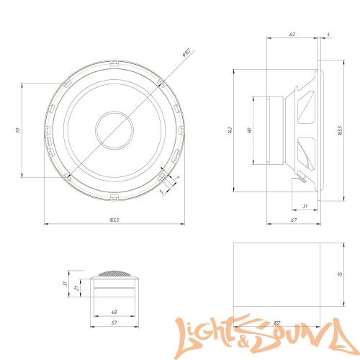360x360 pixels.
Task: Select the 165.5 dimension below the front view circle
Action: [x=114, y=220]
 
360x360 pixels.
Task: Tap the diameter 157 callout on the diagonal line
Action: [x=184, y=53]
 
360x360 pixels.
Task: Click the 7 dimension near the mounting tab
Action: [x=176, y=177]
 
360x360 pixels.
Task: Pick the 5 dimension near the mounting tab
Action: [x=161, y=192]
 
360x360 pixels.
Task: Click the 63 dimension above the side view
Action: [x=292, y=33]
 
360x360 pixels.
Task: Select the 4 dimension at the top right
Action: [x=328, y=33]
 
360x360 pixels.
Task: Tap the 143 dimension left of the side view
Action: [x=230, y=130]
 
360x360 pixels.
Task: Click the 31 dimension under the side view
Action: [x=305, y=207]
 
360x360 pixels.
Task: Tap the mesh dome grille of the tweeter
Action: [x=114, y=275]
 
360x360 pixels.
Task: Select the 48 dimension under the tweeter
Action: [x=114, y=312]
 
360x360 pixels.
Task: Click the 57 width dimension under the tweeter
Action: [x=114, y=323]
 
